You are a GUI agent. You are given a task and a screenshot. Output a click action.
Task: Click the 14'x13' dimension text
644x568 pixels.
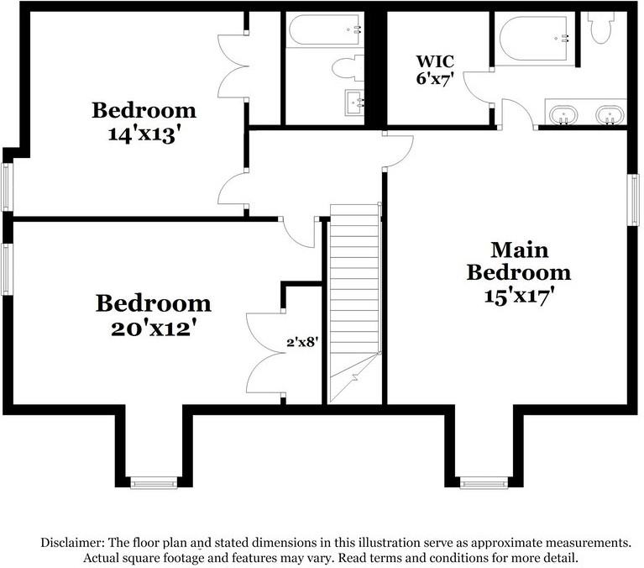144,134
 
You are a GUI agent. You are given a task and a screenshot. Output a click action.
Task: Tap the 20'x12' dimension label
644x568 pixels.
153,327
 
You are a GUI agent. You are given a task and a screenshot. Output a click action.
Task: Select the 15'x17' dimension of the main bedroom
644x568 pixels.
518,296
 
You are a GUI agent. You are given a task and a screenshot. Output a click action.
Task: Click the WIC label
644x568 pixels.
434,61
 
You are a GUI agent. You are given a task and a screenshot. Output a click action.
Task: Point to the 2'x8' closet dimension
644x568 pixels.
301,342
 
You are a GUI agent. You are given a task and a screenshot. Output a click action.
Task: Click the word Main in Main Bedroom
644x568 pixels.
519,250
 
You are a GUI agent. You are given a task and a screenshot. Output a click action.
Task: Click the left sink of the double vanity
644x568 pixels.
563,114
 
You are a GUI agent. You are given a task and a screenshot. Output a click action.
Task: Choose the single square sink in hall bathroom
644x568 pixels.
357,103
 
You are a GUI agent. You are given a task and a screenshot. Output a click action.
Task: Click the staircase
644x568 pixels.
354,294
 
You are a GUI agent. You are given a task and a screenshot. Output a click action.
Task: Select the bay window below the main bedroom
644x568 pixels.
483,482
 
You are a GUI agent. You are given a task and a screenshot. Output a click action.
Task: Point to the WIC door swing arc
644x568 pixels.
479,84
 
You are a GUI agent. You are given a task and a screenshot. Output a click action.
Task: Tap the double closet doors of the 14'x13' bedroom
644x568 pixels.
231,67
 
